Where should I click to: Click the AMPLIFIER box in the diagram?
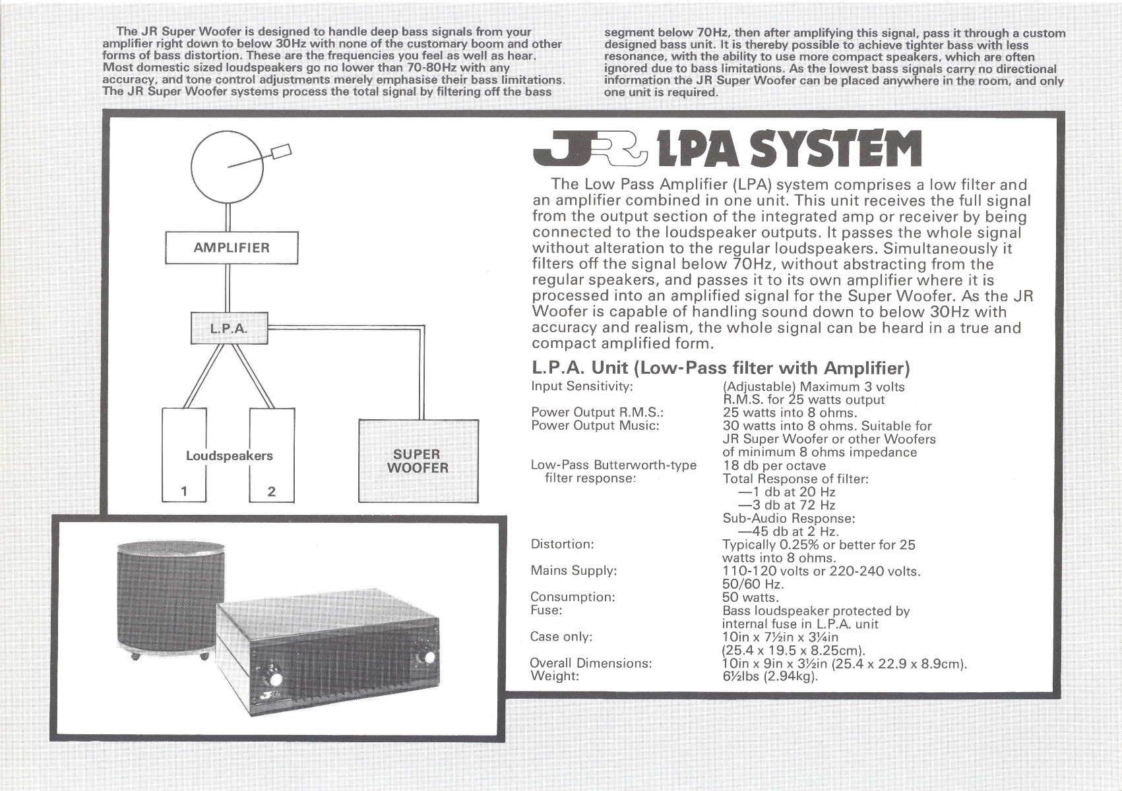[x=231, y=248]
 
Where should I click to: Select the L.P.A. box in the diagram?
[x=230, y=328]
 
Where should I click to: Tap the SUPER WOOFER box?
[x=418, y=461]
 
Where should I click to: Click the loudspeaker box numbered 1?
[x=184, y=455]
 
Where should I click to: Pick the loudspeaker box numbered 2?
[x=272, y=455]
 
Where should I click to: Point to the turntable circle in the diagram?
[x=227, y=167]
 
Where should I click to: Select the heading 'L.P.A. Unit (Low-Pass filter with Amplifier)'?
[x=721, y=368]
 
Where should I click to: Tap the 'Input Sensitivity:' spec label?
[x=582, y=386]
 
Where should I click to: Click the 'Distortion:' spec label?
[x=562, y=544]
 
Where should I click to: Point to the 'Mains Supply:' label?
[x=573, y=571]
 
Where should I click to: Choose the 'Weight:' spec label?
[x=554, y=676]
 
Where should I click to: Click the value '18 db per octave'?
[x=774, y=465]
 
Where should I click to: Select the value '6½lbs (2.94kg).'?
[x=770, y=676]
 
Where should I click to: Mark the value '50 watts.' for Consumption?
[x=750, y=597]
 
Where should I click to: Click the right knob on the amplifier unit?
[x=429, y=657]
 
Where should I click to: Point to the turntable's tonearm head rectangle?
[x=280, y=152]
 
